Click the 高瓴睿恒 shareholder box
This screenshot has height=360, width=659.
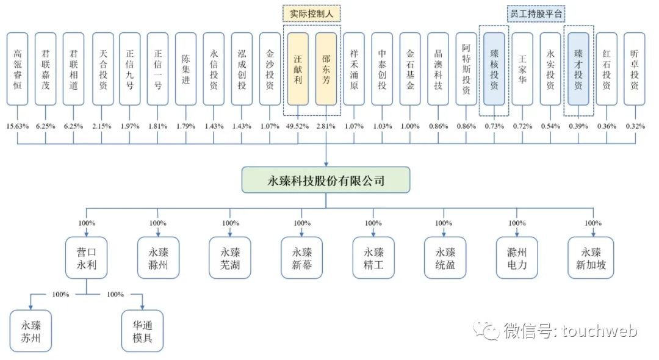pos(17,69)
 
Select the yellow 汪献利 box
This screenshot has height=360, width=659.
pos(298,69)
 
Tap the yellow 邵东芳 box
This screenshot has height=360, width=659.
pos(326,69)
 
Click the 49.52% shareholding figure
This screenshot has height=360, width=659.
pos(298,126)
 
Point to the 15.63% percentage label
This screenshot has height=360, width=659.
pos(17,126)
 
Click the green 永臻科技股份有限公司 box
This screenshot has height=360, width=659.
pos(326,181)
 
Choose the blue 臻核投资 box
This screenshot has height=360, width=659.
pos(494,69)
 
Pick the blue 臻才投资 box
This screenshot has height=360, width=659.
pos(578,69)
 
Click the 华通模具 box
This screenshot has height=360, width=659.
pos(143,331)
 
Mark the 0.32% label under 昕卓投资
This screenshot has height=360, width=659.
pos(635,126)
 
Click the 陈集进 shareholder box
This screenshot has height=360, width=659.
pos(185,69)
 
